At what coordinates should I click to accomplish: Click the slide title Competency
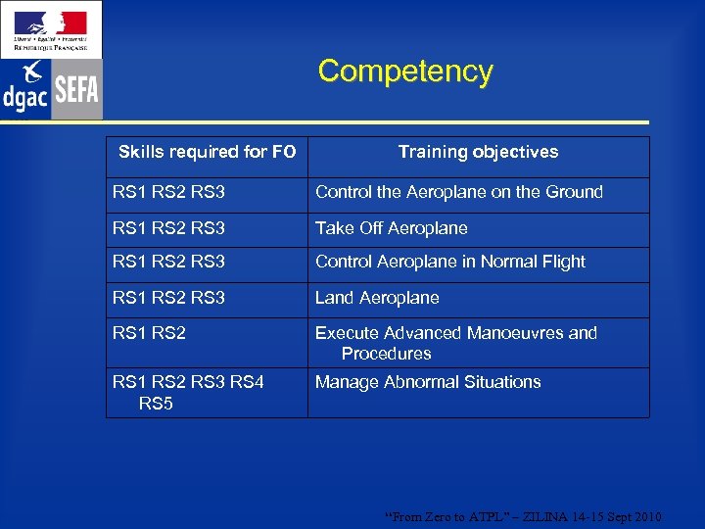[x=405, y=72]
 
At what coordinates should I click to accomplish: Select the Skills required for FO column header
[x=207, y=152]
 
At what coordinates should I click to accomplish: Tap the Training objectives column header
[x=478, y=152]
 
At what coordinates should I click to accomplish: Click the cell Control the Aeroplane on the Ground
[x=458, y=193]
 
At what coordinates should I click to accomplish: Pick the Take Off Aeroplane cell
[x=391, y=228]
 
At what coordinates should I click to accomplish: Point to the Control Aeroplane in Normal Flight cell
[x=449, y=262]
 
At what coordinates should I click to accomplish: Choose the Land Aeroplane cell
[x=377, y=298]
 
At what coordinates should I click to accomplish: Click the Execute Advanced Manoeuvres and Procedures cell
[x=455, y=343]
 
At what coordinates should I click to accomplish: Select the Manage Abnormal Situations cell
[x=427, y=382]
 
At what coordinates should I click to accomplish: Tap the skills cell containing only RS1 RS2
[x=149, y=333]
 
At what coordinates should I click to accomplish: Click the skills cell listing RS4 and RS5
[x=188, y=392]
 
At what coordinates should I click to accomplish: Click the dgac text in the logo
[x=25, y=97]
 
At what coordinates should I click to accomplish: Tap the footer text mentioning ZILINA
[x=524, y=516]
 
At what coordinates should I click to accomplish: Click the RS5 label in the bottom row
[x=156, y=403]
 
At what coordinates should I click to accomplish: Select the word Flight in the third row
[x=560, y=262]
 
